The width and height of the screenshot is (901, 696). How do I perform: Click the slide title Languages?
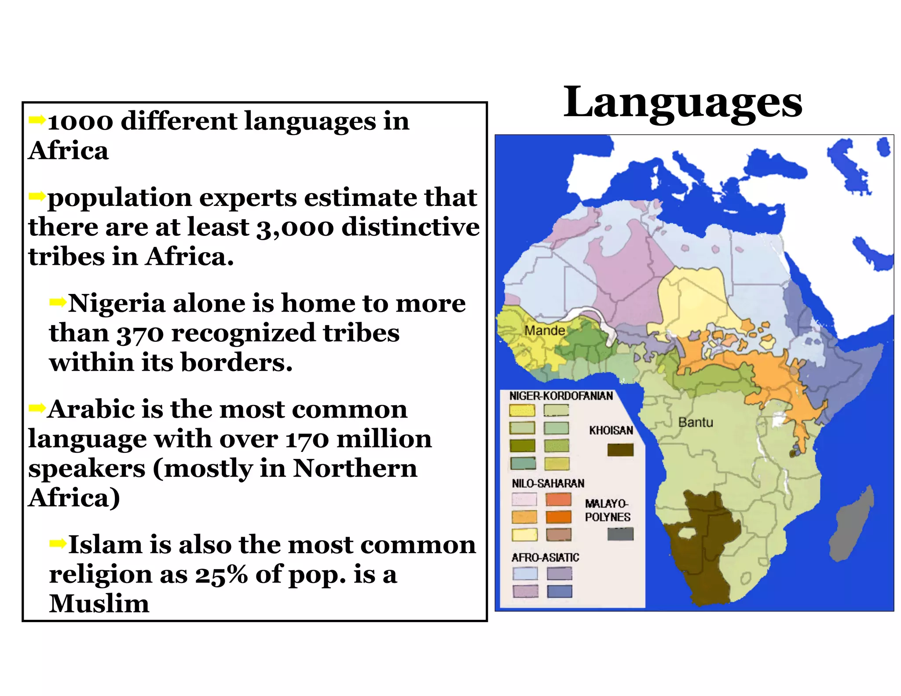[683, 103]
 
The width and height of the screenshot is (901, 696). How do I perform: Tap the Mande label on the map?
[545, 330]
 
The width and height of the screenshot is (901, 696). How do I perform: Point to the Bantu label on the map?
[695, 422]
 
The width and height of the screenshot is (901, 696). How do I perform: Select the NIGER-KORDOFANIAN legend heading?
[561, 396]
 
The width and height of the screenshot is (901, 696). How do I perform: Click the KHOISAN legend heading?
[611, 430]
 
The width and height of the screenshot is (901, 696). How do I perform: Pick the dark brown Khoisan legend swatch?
[620, 450]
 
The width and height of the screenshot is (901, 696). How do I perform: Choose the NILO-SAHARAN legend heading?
[548, 484]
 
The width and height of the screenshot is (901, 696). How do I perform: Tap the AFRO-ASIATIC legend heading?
[545, 558]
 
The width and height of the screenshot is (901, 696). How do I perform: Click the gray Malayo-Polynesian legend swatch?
[620, 534]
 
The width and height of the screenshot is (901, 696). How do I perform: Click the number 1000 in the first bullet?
[81, 122]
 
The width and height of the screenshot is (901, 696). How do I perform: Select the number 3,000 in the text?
[295, 228]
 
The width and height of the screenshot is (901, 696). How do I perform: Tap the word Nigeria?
[117, 304]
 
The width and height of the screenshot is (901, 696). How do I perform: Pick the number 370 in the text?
[140, 333]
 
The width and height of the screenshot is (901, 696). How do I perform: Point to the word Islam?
[106, 545]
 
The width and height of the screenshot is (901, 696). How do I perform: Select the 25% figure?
[221, 575]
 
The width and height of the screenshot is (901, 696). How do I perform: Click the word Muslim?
[99, 604]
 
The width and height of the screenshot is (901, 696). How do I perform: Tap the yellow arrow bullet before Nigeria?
[58, 302]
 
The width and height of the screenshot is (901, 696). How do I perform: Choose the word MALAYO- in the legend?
[607, 504]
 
